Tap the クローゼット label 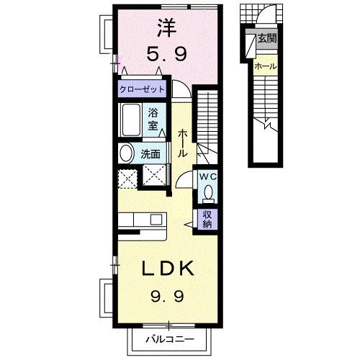(143, 90)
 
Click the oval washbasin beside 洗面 (126, 153)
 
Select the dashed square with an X (128, 176)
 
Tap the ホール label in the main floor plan (183, 144)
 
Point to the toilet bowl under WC (209, 193)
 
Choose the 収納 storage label (207, 218)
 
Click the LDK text (167, 269)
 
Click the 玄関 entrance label (267, 39)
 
